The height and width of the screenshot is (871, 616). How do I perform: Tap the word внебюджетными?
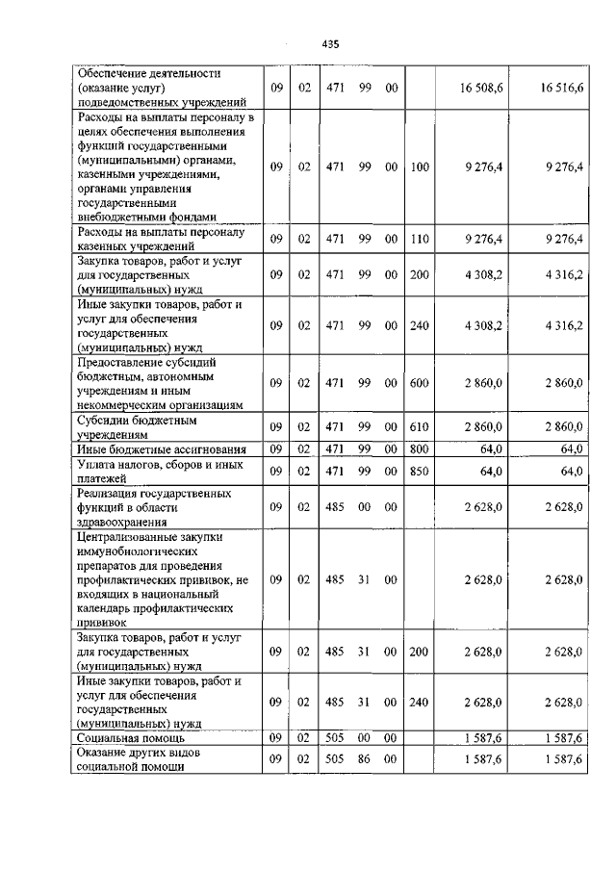121,218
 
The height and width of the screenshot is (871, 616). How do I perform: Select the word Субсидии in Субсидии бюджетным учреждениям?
107,420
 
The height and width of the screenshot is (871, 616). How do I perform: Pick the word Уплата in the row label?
100,464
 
